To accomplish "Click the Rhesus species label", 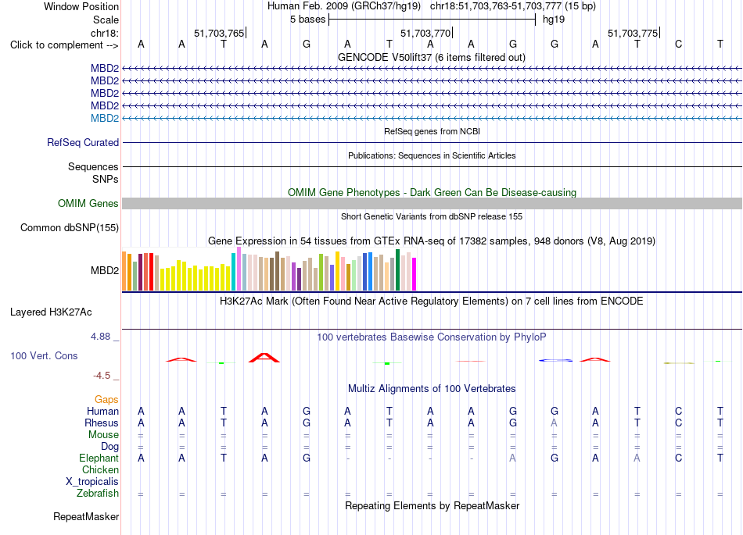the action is (102, 423).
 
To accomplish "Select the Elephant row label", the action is (99, 458).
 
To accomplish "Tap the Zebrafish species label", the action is (98, 494).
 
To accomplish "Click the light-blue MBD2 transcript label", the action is (105, 118).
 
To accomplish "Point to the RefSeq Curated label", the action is (83, 142).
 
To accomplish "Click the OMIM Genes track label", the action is (88, 203).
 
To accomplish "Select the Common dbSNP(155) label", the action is (70, 227).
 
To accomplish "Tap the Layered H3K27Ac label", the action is (51, 312).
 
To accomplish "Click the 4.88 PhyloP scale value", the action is (100, 337).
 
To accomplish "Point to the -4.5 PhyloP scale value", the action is (102, 376).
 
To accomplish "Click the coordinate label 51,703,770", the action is (425, 33).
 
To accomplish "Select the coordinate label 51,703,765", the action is (219, 33).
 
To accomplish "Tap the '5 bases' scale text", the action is (308, 20).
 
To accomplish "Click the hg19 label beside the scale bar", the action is (554, 20).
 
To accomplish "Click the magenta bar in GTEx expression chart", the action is (415, 274).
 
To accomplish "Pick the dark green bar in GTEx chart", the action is (397, 269).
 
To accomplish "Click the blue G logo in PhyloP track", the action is (555, 361).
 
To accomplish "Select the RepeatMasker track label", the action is (86, 516).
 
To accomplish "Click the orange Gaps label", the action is (106, 400).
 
